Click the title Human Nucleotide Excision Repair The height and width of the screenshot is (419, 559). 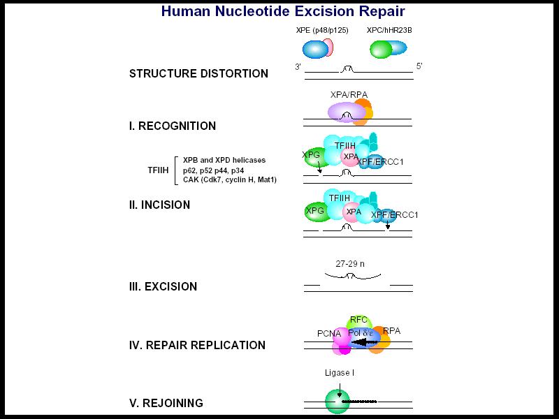pos(283,12)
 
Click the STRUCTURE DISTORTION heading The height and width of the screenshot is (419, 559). pos(198,73)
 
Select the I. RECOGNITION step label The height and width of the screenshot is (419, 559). pos(173,126)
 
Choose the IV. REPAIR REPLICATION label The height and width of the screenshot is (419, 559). pos(197,345)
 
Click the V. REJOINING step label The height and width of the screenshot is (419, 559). pos(166,403)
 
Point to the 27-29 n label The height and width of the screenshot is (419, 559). pos(349,264)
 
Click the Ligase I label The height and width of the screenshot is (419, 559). pos(340,373)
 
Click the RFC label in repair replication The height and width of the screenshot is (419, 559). pos(358,320)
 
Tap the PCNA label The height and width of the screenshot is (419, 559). pos(328,334)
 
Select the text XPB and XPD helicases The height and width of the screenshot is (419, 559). pos(219,160)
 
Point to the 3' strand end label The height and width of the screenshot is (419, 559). pos(298,66)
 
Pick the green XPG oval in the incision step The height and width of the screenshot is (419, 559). pos(316,212)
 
